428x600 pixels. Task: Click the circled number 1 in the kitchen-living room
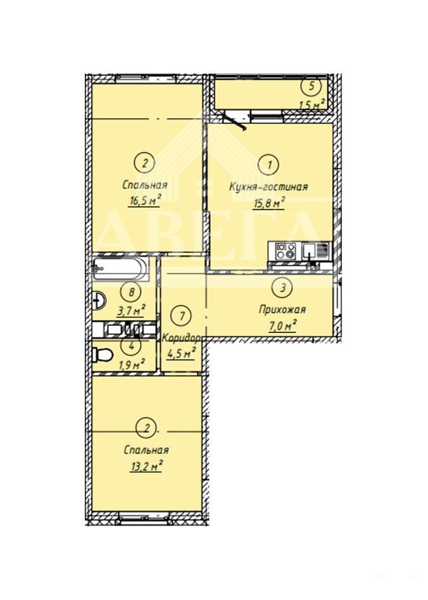coord(270,165)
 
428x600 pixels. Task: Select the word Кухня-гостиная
coord(268,187)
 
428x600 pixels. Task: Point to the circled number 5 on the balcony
coord(312,86)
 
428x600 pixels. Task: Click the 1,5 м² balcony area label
coord(312,104)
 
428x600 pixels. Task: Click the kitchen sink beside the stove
coord(310,251)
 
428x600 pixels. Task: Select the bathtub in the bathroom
coord(120,268)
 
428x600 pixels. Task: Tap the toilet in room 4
coord(102,354)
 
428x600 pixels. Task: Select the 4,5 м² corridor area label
coord(182,353)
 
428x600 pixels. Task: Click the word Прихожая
coord(282,309)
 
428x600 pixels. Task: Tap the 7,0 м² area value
coord(283,326)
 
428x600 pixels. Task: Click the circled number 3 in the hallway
coord(283,288)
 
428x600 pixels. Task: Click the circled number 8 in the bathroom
coord(132,293)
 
